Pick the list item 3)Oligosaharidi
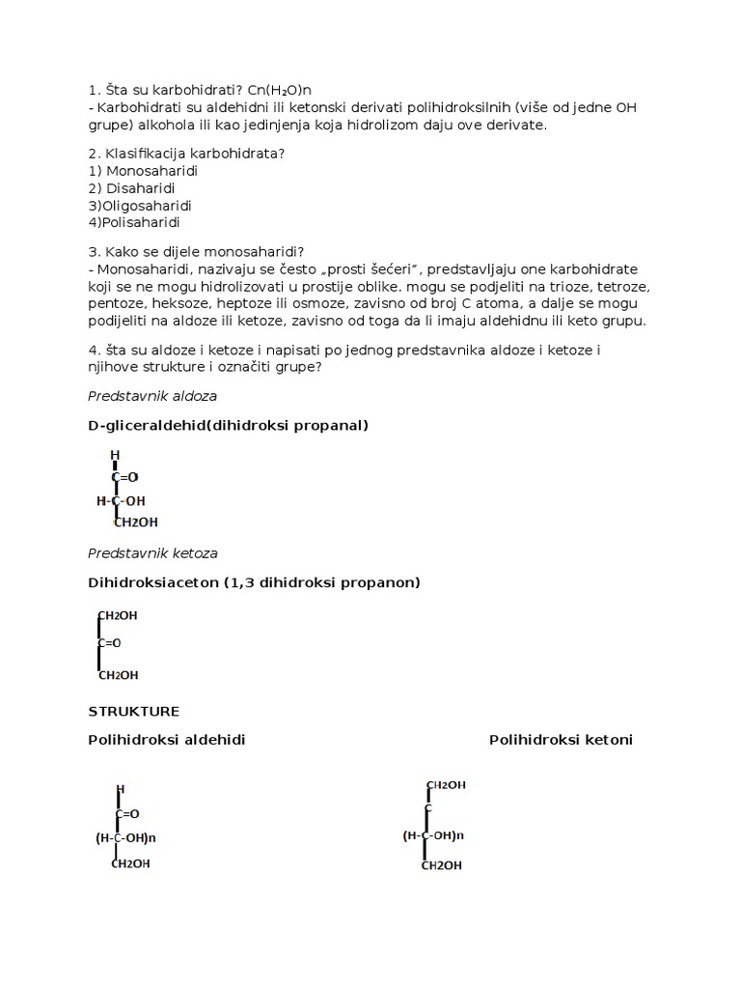[x=140, y=206]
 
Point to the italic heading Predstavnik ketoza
[x=152, y=552]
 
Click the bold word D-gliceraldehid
[x=143, y=425]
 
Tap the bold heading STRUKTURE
[x=133, y=711]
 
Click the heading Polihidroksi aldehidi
[x=167, y=740]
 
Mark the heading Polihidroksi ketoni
[x=561, y=740]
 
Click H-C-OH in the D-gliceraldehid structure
[x=121, y=501]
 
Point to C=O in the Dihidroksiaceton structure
[x=109, y=642]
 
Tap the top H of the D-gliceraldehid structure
[x=115, y=455]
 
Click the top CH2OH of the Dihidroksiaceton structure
[x=118, y=615]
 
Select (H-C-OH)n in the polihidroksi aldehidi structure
[x=125, y=838]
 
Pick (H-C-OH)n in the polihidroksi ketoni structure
[x=433, y=835]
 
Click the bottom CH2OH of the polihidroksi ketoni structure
[x=442, y=865]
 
